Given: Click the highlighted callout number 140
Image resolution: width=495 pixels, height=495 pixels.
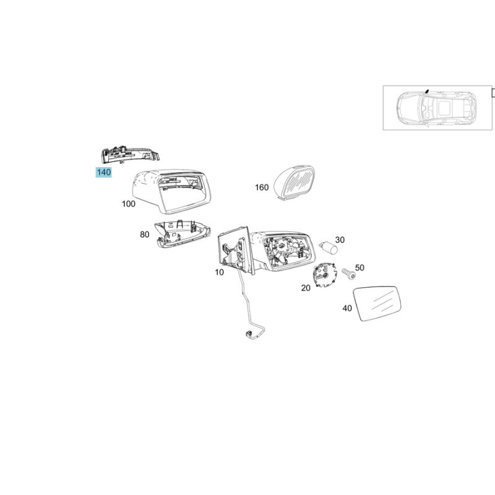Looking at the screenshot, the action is point(103,173).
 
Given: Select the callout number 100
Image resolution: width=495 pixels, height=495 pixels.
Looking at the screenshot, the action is point(129,204).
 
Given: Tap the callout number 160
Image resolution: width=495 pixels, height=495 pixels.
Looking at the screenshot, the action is point(262,187).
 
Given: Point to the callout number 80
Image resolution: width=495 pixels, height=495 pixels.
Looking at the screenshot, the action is point(145,235).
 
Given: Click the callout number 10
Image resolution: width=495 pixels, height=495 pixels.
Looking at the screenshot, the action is point(220,272).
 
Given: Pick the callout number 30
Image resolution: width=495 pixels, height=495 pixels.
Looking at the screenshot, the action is point(340,240).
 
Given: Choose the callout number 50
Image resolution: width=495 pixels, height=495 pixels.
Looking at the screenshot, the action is point(359,268).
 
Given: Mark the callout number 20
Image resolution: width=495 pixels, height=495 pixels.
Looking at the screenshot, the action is point(306,288).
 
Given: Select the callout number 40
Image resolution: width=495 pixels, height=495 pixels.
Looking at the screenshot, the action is point(347,308).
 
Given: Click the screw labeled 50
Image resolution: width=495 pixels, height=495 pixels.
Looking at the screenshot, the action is point(349,273).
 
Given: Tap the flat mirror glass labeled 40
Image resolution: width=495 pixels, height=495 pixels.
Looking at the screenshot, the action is point(377,303).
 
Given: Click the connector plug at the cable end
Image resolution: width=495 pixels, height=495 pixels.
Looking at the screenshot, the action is point(249,334).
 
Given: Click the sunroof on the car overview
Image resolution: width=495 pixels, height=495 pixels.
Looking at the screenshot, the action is point(445,108).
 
